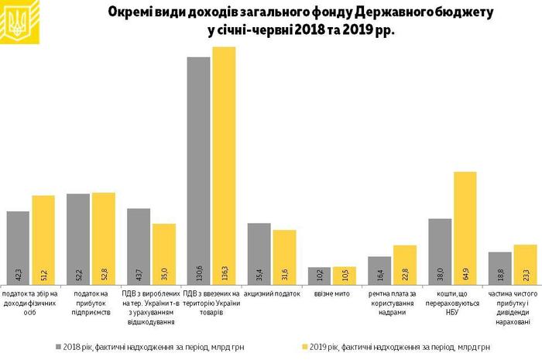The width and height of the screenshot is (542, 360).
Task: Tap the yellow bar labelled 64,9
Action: (465, 228)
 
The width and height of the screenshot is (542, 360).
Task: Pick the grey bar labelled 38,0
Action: (440, 252)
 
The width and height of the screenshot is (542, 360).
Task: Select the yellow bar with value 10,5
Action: (344, 276)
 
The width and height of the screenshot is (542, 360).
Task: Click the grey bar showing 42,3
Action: (18, 248)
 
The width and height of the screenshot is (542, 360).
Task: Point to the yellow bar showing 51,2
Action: (43, 240)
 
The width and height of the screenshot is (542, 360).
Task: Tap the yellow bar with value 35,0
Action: (163, 255)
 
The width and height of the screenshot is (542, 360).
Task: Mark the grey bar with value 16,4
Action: (379, 271)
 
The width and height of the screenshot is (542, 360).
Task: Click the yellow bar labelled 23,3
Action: (525, 266)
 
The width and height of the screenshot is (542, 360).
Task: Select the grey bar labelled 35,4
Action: (259, 255)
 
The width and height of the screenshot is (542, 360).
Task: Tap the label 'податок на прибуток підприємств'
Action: (91, 300)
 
